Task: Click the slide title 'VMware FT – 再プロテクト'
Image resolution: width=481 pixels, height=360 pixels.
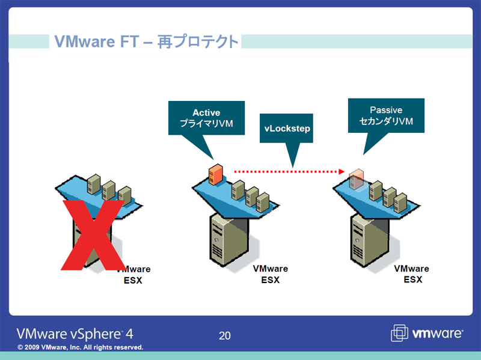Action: tap(146, 41)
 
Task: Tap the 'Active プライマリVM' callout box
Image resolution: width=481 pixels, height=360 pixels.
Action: tap(206, 118)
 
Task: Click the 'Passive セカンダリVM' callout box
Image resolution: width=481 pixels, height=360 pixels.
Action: tap(386, 116)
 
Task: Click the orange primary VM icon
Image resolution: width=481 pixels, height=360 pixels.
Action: tap(216, 173)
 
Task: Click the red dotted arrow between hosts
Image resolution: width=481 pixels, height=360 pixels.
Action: tap(289, 171)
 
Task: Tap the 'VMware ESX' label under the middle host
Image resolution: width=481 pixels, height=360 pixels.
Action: tap(270, 274)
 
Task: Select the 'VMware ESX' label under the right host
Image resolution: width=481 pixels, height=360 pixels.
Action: tap(412, 274)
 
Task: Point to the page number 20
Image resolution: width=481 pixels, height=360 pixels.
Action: tap(224, 335)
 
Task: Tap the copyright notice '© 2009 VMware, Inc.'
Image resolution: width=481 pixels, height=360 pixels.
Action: tap(80, 347)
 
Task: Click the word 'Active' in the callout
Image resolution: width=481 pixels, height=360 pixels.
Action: tap(206, 112)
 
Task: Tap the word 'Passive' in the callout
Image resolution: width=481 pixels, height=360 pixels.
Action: tap(386, 110)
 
